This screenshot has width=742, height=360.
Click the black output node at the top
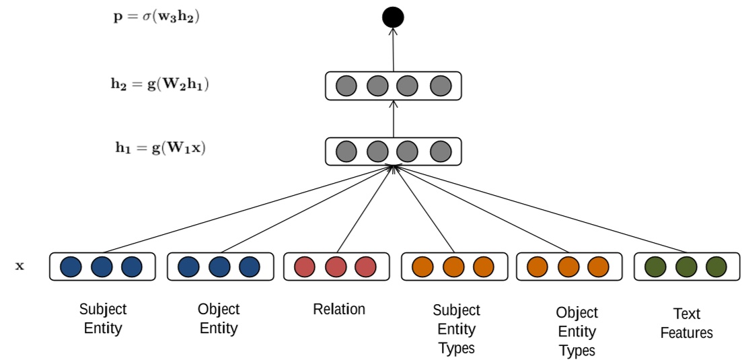[393, 17]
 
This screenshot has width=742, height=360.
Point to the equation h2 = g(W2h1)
[159, 85]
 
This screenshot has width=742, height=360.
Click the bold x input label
[20, 266]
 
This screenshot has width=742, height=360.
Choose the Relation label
[339, 310]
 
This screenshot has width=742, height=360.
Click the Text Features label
[686, 324]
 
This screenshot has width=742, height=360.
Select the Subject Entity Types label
[456, 329]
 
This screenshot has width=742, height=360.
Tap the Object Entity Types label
[577, 332]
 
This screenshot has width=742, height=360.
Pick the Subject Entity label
[102, 319]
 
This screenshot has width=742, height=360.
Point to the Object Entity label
[219, 319]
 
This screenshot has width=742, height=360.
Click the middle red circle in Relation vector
[336, 266]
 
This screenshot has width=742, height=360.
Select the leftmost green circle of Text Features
[655, 266]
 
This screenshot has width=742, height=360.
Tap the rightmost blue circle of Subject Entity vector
[132, 266]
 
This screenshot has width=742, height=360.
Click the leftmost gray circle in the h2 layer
[346, 86]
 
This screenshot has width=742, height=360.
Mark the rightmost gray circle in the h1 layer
[440, 151]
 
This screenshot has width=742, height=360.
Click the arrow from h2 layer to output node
[393, 50]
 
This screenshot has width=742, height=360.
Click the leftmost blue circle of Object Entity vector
[188, 266]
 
